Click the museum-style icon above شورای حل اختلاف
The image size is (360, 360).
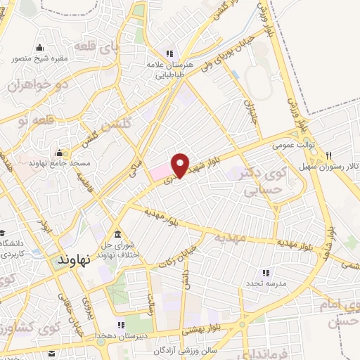pos(116,234)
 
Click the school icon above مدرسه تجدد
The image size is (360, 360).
pos(265,272)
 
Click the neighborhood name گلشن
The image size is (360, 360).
pos(116,127)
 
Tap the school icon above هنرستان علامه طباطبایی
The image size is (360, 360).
pos(169,53)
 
